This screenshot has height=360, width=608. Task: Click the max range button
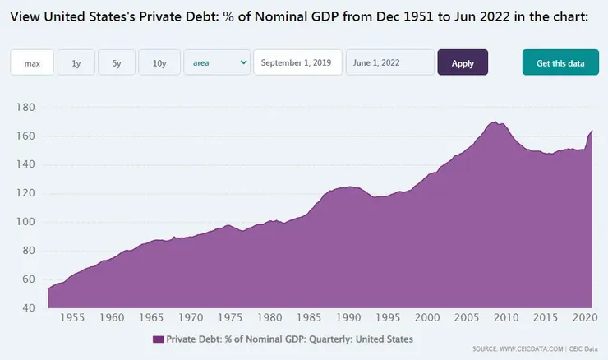(32, 63)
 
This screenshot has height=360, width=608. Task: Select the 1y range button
(76, 63)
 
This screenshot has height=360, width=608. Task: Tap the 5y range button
(117, 63)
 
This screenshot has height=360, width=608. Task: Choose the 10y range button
(159, 63)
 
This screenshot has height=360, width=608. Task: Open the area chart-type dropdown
(217, 62)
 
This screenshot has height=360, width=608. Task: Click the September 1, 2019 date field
(297, 63)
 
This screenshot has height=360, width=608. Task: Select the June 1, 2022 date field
(389, 63)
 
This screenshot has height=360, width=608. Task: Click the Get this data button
(560, 63)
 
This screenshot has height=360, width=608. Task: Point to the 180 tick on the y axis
(25, 108)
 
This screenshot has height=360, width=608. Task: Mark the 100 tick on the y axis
(25, 222)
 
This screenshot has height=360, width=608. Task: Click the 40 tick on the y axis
(27, 308)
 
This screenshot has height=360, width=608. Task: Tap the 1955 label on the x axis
(73, 317)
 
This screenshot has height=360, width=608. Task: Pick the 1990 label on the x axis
(349, 317)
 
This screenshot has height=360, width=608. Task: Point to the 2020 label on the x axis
(585, 317)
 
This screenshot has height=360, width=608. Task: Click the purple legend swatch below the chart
(158, 339)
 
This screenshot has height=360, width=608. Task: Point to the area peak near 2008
(495, 122)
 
